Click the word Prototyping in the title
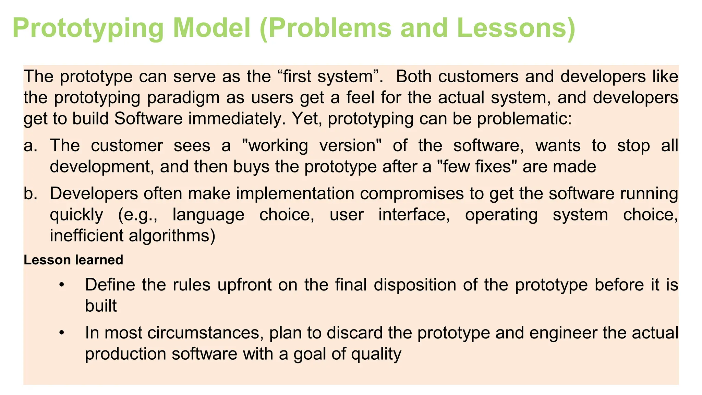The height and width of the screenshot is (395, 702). tap(88, 28)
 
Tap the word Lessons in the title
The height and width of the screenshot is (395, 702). tap(516, 28)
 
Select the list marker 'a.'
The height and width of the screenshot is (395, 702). tap(31, 146)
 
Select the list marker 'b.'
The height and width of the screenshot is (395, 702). tap(31, 194)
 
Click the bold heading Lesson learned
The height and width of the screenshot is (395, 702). tap(73, 260)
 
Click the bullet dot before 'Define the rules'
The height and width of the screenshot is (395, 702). tap(62, 285)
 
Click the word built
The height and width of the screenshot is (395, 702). tap(101, 306)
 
